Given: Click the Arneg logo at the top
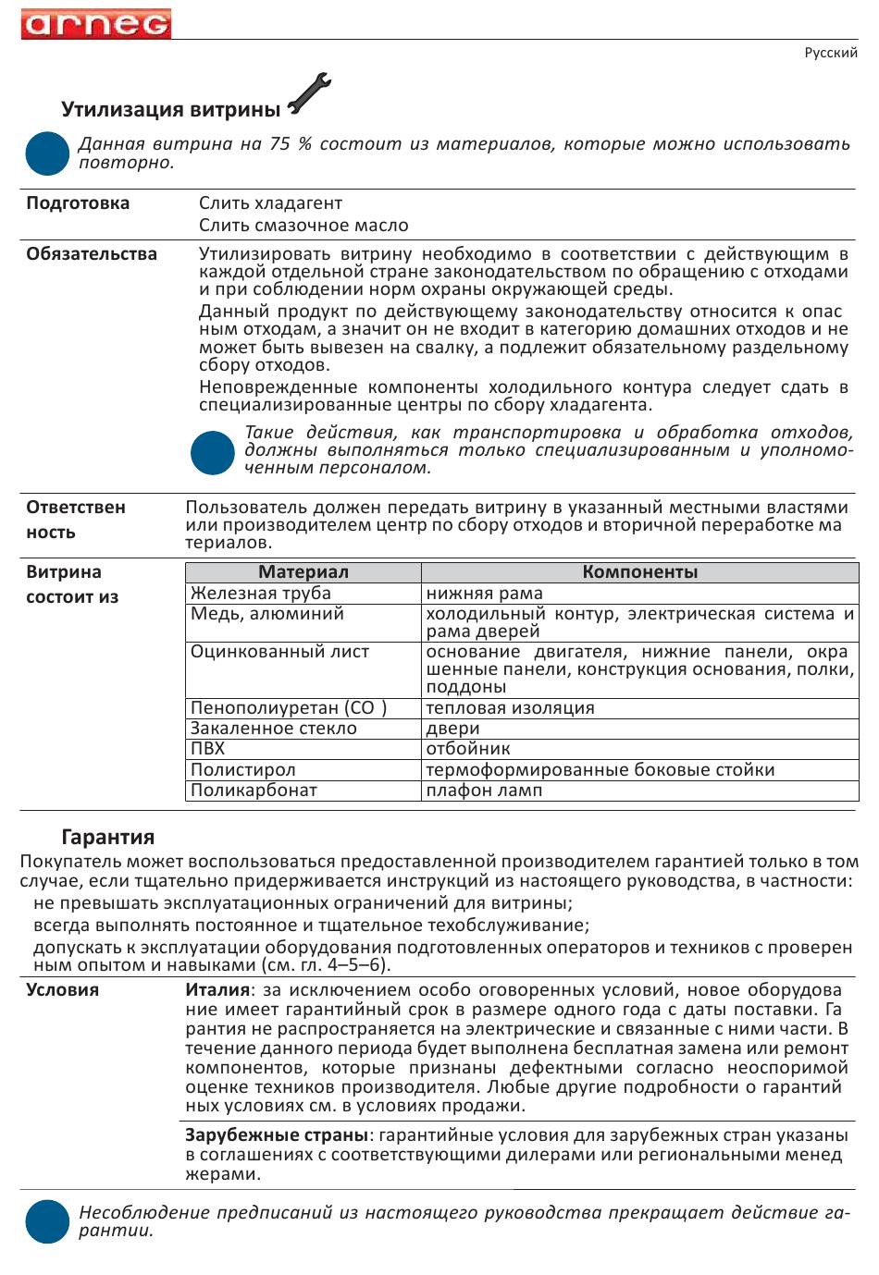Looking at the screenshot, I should [x=96, y=23].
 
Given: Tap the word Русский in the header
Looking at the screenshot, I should [x=830, y=53].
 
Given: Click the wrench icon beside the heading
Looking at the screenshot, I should [x=309, y=94].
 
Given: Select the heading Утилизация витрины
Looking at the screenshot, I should [x=170, y=110].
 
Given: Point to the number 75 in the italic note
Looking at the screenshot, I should [x=279, y=144].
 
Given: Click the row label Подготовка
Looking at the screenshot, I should [x=78, y=203].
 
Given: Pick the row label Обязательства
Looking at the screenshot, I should [x=92, y=254].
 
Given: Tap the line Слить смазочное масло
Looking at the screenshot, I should [x=303, y=226].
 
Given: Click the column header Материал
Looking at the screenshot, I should [x=303, y=572].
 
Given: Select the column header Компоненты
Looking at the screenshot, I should [x=639, y=572].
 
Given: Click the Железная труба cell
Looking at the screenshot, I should [x=261, y=594].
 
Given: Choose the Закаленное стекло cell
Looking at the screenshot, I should [x=274, y=729].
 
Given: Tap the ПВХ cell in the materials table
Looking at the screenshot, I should [x=208, y=749].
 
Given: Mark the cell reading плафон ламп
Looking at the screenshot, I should [x=484, y=791].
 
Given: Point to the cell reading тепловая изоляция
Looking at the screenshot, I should [x=510, y=708].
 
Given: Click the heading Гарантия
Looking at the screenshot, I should [x=107, y=838].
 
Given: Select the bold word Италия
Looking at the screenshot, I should [x=217, y=990].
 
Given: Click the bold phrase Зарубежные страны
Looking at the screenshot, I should [x=277, y=1135].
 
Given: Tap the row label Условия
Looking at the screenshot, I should [x=62, y=990].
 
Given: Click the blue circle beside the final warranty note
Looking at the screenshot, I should [x=47, y=1221].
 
